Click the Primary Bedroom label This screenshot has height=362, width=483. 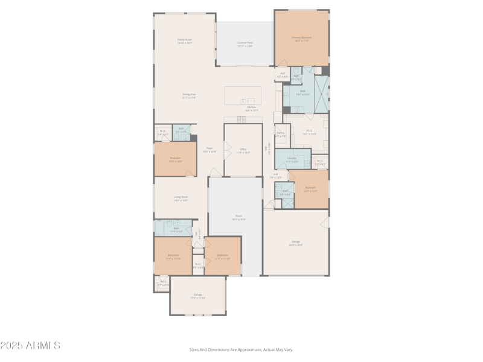(301, 39)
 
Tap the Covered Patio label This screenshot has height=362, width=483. (245, 44)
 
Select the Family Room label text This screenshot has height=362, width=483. (185, 41)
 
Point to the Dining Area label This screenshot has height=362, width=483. (189, 95)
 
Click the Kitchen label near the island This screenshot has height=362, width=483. (251, 109)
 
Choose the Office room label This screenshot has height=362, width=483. (243, 150)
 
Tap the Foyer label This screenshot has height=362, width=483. (210, 149)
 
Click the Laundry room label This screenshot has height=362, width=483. (292, 159)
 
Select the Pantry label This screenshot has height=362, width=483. (281, 134)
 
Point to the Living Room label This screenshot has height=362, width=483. (181, 198)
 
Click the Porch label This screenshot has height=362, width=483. (238, 217)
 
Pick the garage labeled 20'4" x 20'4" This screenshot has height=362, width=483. (295, 243)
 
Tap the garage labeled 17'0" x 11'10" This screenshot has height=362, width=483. (197, 296)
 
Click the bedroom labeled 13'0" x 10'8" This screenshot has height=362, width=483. (175, 159)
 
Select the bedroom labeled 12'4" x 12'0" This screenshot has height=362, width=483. (310, 189)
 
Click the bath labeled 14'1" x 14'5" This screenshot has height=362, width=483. (302, 92)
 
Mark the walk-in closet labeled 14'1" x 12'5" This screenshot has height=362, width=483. (309, 132)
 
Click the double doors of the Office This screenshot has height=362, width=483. (227, 150)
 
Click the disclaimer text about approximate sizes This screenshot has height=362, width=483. (241, 349)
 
